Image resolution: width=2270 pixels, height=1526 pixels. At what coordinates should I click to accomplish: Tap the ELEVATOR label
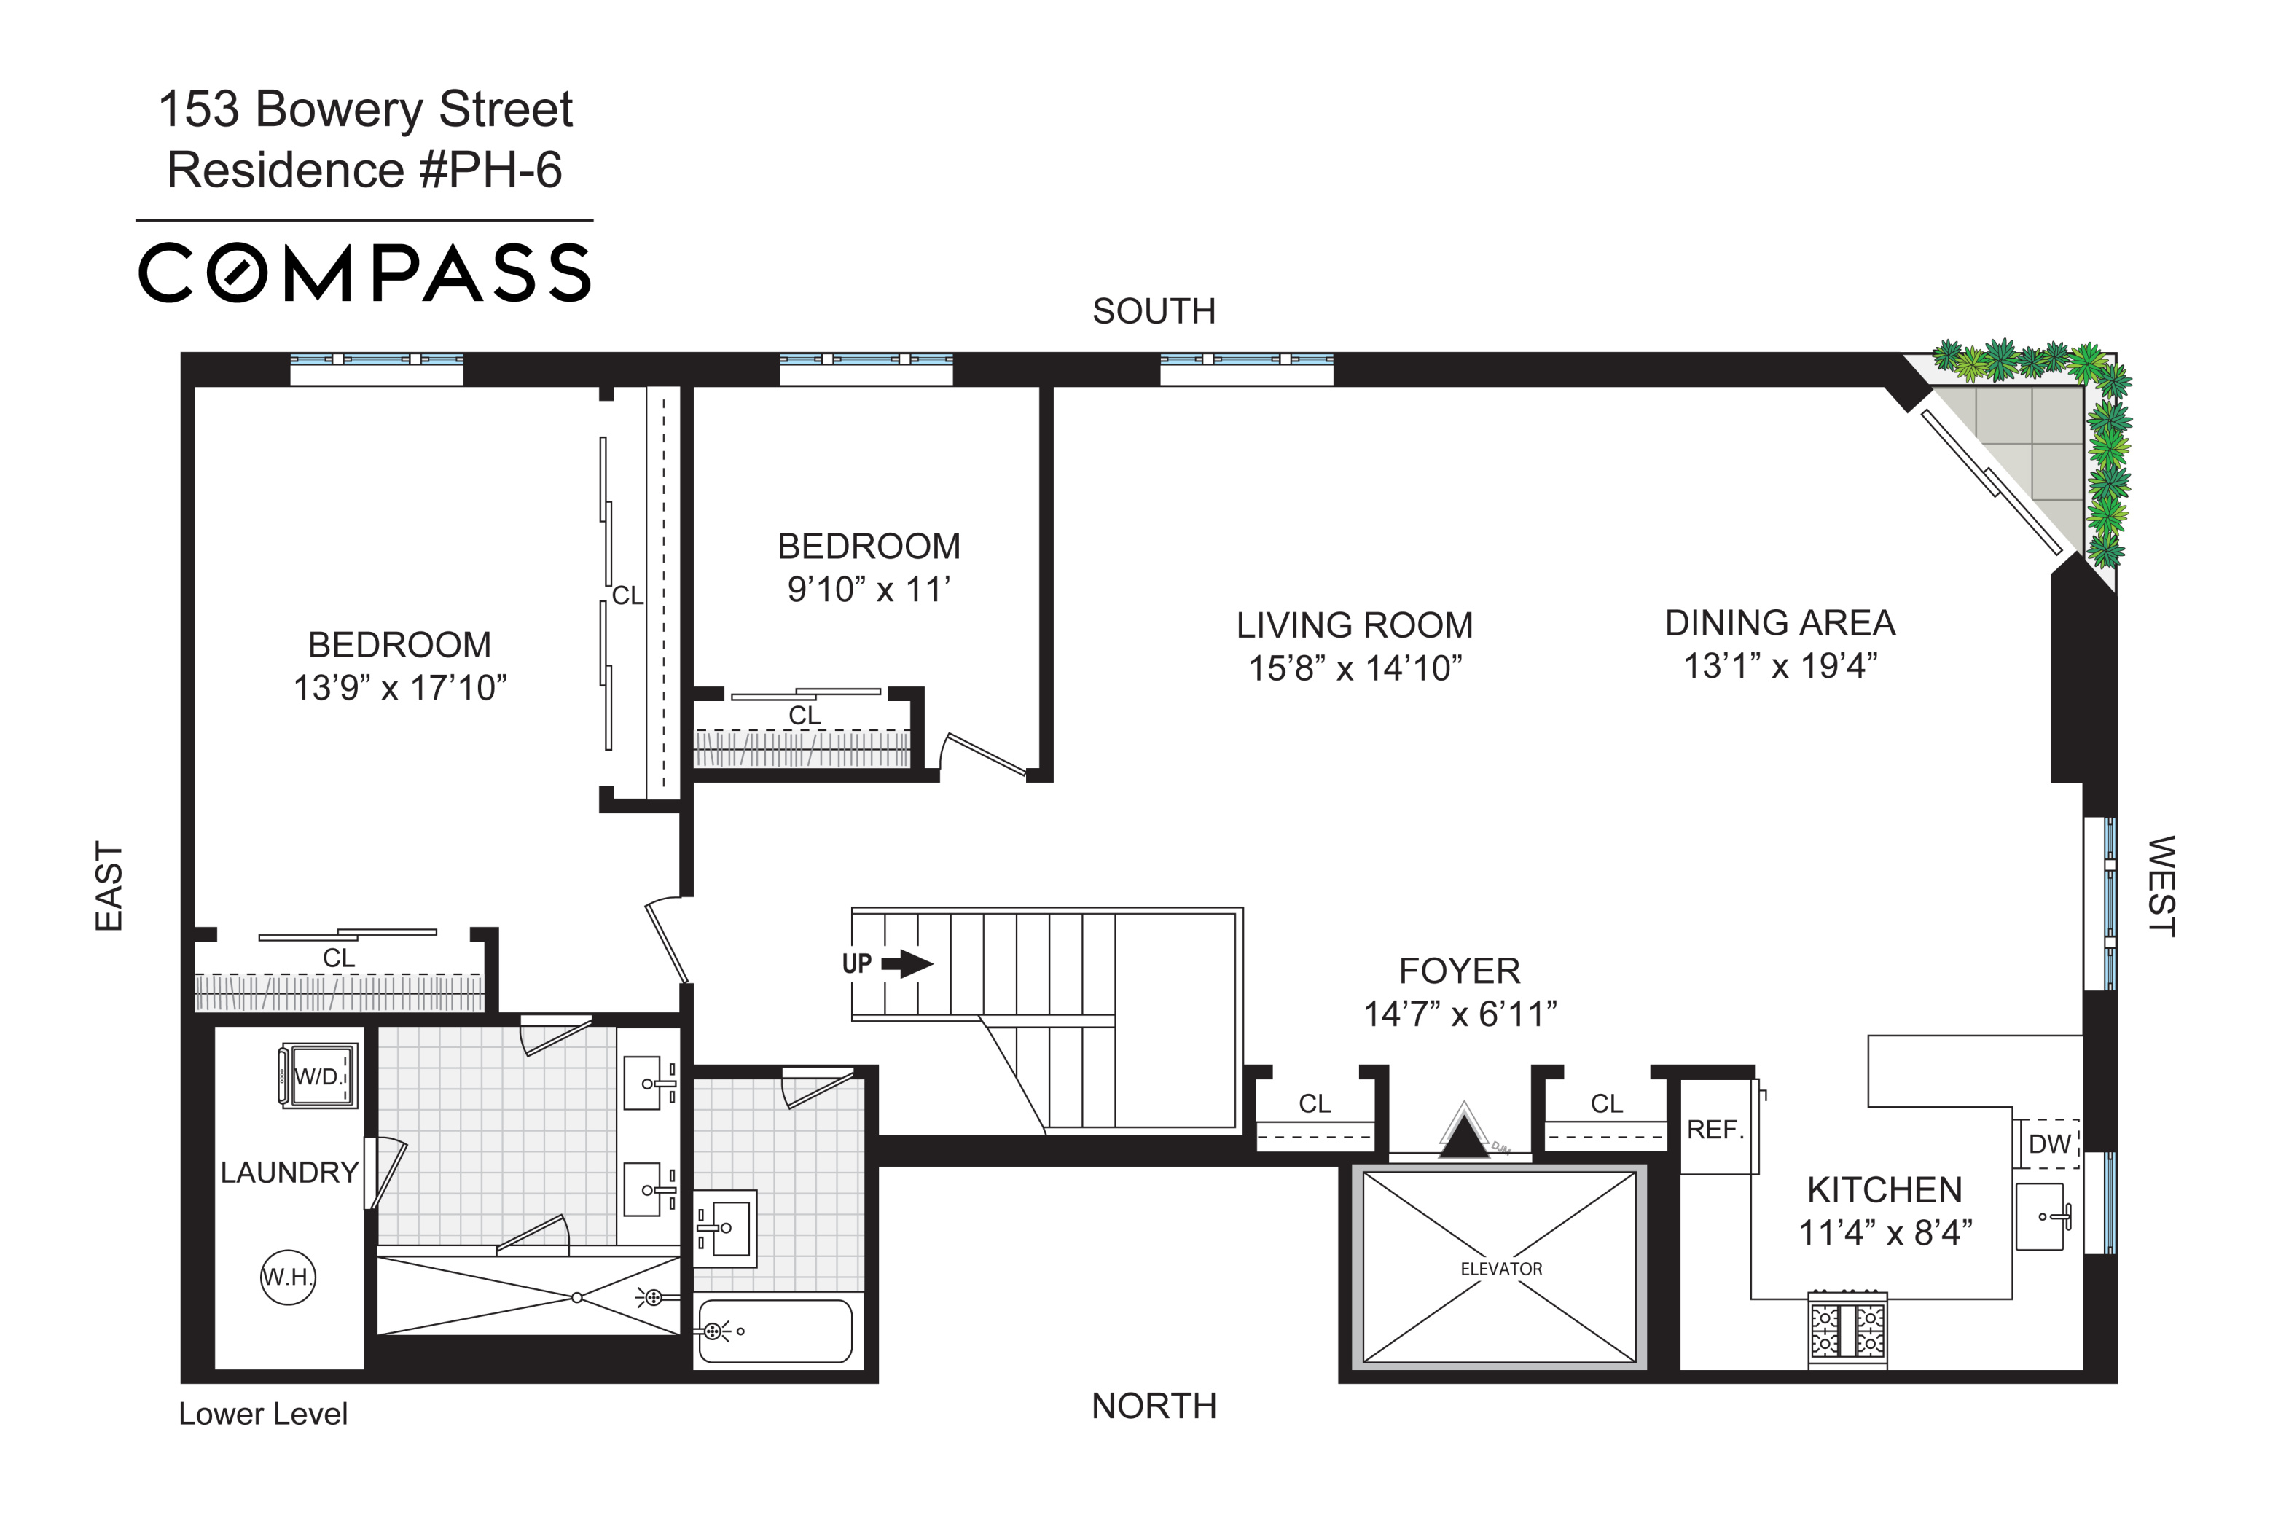[1500, 1269]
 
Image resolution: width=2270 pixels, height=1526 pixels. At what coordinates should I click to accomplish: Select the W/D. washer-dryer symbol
[319, 1076]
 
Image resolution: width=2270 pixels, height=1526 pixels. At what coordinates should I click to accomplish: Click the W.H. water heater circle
[288, 1277]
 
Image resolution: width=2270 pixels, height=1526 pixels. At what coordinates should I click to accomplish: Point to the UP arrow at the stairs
[906, 964]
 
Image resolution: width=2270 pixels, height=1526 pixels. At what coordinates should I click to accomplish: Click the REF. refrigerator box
[1716, 1130]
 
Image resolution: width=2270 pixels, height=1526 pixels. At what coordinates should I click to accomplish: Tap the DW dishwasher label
[2049, 1144]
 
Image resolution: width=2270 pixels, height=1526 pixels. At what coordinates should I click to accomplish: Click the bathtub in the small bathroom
[775, 1331]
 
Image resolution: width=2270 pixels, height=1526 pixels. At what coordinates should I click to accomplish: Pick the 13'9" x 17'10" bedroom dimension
[400, 688]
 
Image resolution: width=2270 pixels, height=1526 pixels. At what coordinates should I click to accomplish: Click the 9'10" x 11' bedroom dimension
[868, 589]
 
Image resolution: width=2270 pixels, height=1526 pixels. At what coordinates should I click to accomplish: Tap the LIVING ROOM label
[1355, 625]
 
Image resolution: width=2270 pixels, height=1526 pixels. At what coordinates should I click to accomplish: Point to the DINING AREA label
[1780, 623]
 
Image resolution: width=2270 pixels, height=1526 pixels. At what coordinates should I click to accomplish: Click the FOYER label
[1458, 971]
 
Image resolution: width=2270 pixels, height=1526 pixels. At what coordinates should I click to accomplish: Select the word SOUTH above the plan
[1154, 311]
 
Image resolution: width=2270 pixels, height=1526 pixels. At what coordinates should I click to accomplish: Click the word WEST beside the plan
[2160, 885]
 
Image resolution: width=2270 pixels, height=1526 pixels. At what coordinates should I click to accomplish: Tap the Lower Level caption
[263, 1414]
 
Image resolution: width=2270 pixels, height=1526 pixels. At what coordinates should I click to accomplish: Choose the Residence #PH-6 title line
[365, 171]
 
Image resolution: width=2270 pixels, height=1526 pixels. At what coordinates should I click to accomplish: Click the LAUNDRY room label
[289, 1173]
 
